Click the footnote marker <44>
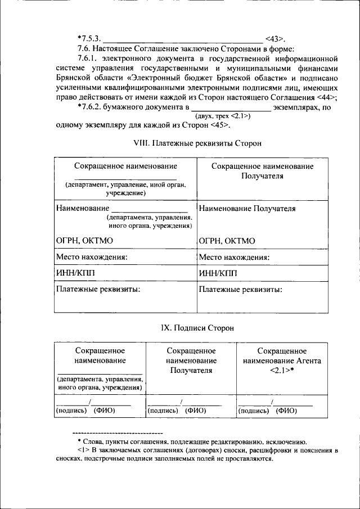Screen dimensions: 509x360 pyautogui.click(x=325, y=96)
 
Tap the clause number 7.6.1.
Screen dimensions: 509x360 pyautogui.click(x=90, y=58)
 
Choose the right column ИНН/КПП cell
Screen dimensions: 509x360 pyautogui.click(x=219, y=274)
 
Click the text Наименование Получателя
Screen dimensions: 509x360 pyautogui.click(x=247, y=209)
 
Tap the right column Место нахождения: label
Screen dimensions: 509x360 pyautogui.click(x=235, y=258)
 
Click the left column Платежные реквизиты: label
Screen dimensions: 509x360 pyautogui.click(x=98, y=290)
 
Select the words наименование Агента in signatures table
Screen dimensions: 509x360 pyautogui.click(x=282, y=361)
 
